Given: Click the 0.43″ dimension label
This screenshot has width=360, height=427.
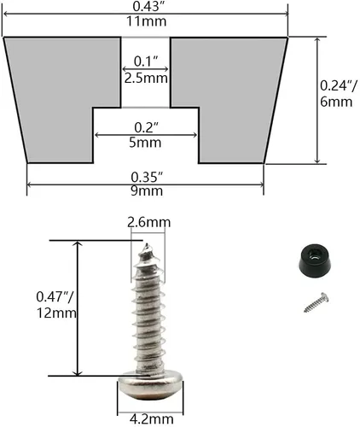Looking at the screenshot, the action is pyautogui.click(x=147, y=6).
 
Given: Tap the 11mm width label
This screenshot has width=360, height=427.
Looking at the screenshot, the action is pyautogui.click(x=147, y=21).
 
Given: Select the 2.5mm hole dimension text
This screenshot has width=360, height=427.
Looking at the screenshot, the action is pyautogui.click(x=146, y=79).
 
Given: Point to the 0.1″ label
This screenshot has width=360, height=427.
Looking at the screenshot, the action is pyautogui.click(x=146, y=61).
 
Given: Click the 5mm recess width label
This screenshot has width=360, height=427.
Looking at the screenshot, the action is pyautogui.click(x=145, y=143).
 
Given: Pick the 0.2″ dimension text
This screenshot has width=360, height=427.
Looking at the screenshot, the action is pyautogui.click(x=146, y=127).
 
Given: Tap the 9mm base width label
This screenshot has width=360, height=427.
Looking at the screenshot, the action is pyautogui.click(x=147, y=190).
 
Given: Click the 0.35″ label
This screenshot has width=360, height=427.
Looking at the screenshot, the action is pyautogui.click(x=147, y=177).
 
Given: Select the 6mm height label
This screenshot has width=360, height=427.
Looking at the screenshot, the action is pyautogui.click(x=336, y=102).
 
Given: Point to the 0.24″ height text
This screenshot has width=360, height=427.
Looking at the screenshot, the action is pyautogui.click(x=338, y=85).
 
